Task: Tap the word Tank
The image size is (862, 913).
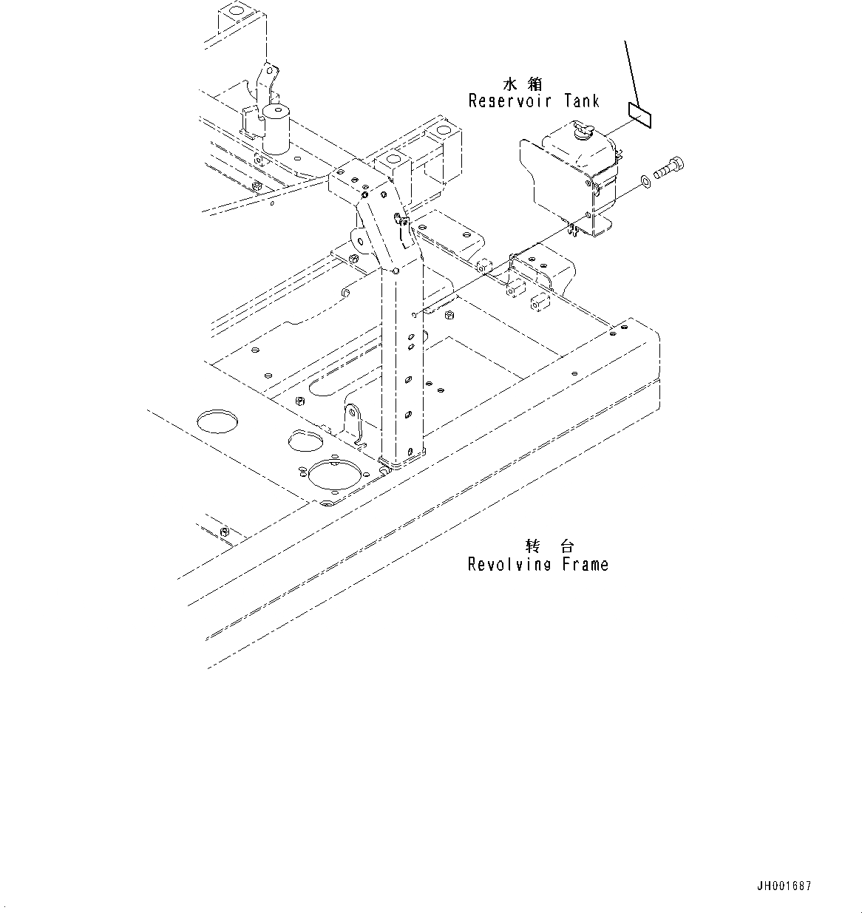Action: pos(581,101)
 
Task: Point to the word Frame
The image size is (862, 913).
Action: pos(584,565)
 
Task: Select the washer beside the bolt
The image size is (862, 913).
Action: pos(647,179)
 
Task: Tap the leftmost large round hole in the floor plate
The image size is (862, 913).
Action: pos(218,421)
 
